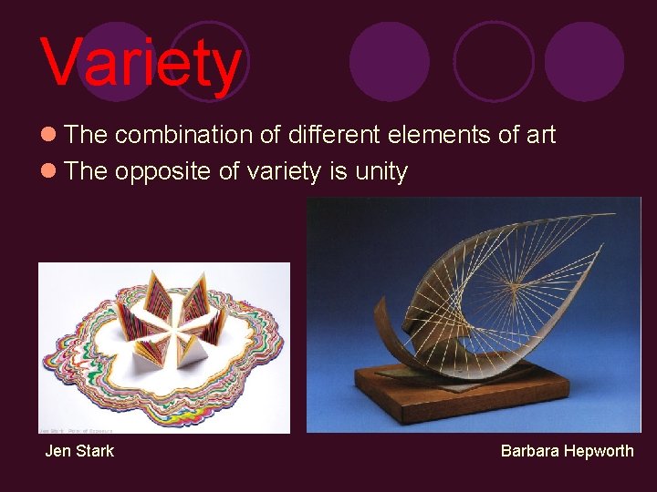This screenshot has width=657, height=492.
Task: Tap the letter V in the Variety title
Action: pos(62,62)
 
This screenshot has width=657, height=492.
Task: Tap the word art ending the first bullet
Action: pos(540,136)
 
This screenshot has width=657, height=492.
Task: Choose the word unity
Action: pos(381,172)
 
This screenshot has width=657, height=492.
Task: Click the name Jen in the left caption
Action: pos(57,450)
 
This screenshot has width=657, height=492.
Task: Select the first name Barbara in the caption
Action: pos(529,450)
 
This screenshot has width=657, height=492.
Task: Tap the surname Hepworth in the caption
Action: pos(598,450)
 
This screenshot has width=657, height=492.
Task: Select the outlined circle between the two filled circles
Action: pos(493,61)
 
